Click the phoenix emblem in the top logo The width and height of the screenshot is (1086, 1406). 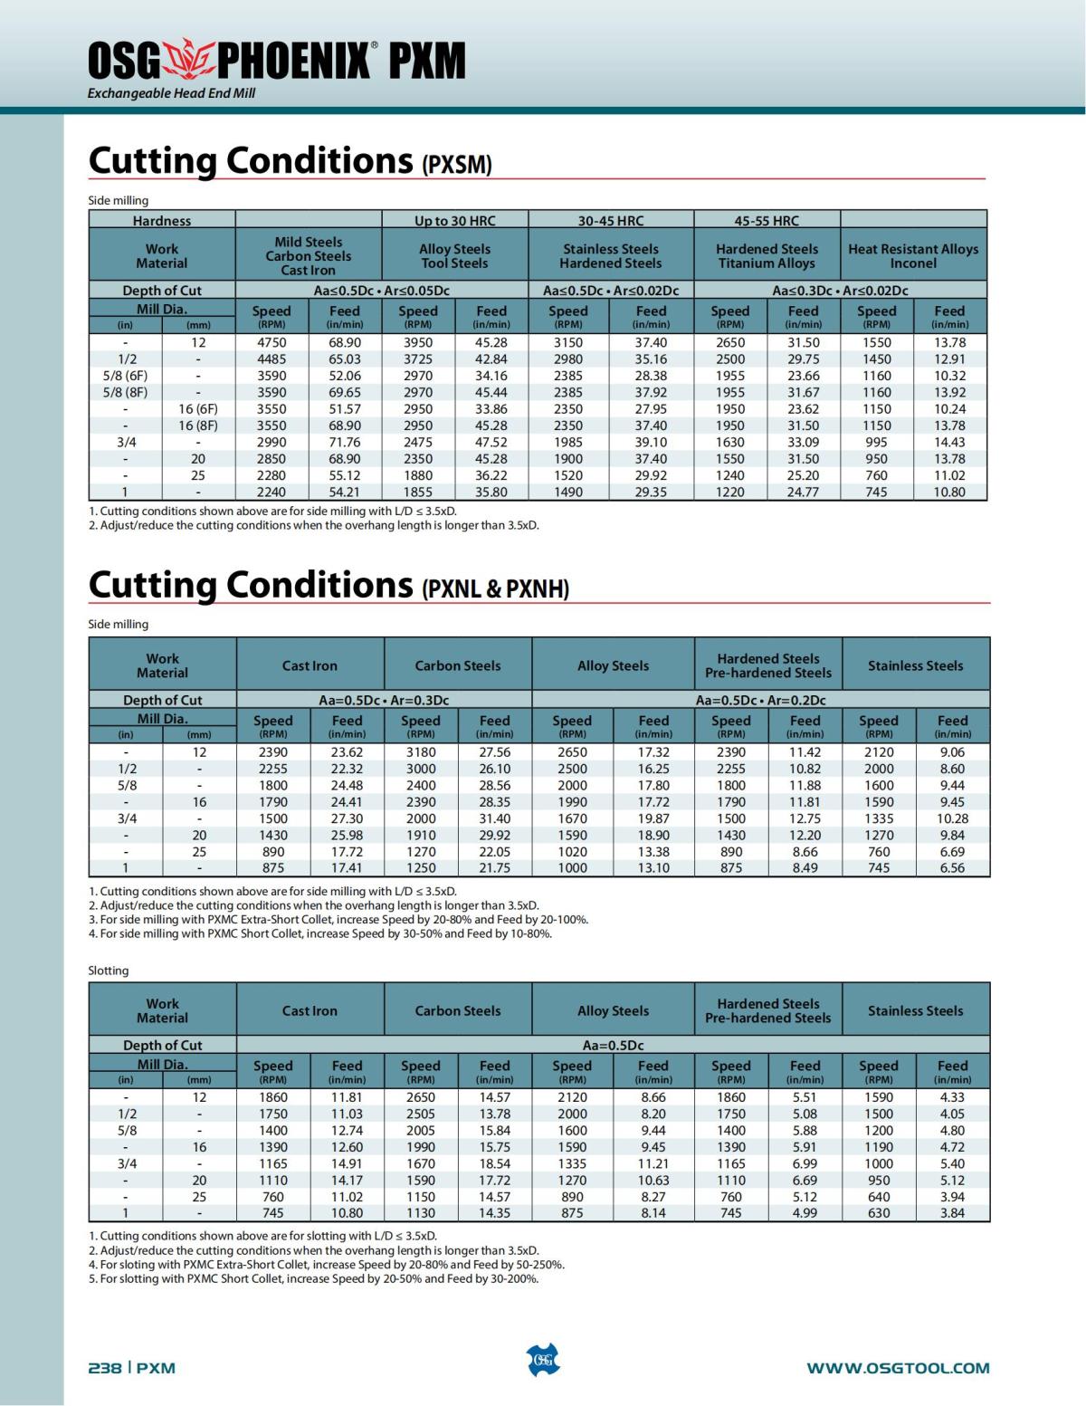189,60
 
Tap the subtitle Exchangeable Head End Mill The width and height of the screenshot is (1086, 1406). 171,93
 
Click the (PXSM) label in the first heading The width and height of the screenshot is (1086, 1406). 457,165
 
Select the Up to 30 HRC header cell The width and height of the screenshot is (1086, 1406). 454,220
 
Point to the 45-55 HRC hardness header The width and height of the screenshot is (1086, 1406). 767,220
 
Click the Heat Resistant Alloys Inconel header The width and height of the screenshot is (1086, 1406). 913,255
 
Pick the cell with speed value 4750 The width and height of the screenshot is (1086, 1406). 271,342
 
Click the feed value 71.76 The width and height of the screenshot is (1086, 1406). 345,442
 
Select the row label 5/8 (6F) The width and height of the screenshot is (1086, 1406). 125,376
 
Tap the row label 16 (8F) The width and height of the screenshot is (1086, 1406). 198,426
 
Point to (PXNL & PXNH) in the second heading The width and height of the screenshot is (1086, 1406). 496,589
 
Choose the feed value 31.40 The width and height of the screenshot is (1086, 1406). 494,818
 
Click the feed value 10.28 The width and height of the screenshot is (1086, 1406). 952,818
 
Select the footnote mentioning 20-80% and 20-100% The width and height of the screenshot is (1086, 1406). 338,919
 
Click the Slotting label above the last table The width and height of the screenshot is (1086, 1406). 109,971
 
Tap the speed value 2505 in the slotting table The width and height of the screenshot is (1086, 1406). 421,1114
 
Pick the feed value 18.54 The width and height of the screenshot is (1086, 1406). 494,1163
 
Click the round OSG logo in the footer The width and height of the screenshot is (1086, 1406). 543,1361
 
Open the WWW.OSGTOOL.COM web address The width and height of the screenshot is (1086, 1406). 898,1368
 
